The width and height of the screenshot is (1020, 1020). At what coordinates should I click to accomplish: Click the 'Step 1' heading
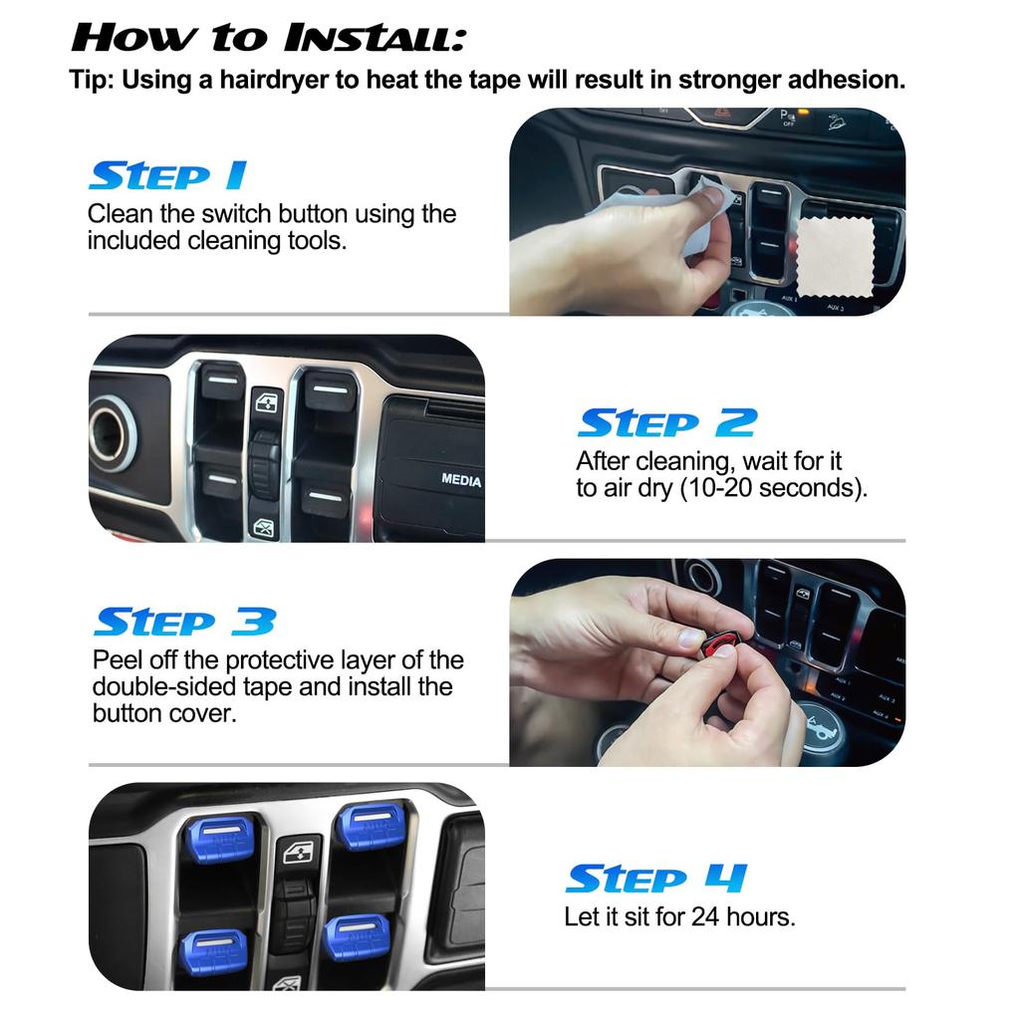(166, 176)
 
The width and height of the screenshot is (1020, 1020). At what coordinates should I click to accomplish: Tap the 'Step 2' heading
(666, 423)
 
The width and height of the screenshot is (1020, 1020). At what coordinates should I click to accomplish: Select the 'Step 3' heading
(183, 623)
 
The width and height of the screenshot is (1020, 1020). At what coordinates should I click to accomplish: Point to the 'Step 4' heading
(655, 880)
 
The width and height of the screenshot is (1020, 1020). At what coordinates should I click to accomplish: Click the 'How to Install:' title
(267, 38)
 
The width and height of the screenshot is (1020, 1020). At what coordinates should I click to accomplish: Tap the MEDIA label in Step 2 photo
(461, 480)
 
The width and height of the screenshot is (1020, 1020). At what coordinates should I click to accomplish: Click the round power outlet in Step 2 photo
(112, 433)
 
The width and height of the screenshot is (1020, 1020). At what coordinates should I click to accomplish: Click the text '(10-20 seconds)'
(773, 489)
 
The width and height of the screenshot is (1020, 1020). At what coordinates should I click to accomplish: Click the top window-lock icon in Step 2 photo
(267, 402)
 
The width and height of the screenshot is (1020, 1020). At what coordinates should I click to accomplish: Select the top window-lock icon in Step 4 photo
(297, 852)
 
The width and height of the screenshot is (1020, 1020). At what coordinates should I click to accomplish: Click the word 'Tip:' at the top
(92, 81)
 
